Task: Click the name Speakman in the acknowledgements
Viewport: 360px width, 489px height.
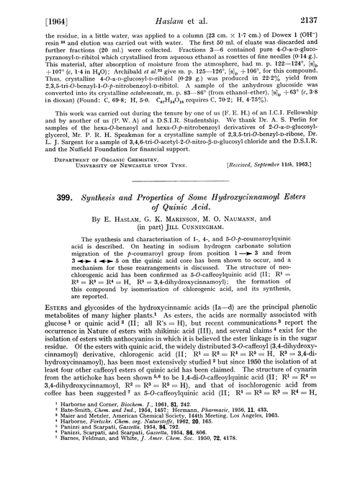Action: [x=128, y=149]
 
